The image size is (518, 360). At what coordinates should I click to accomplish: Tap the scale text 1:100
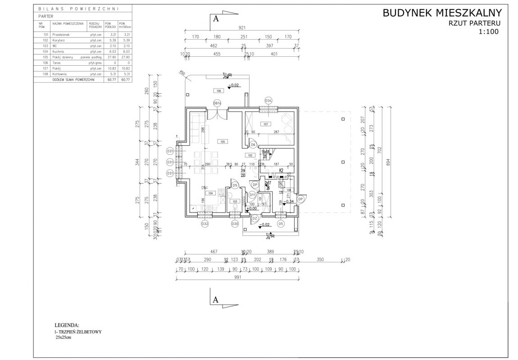tap(489, 31)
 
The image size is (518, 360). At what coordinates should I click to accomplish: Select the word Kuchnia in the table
tap(58, 52)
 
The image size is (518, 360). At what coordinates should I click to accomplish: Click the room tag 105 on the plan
tap(222, 141)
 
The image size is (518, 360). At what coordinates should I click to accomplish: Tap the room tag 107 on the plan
tap(266, 124)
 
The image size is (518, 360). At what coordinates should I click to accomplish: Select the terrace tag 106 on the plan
tap(218, 91)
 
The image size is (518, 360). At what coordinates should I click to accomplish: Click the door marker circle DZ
tap(254, 218)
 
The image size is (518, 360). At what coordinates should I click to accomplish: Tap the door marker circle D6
tap(253, 145)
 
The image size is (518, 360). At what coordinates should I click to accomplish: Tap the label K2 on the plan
tap(280, 171)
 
